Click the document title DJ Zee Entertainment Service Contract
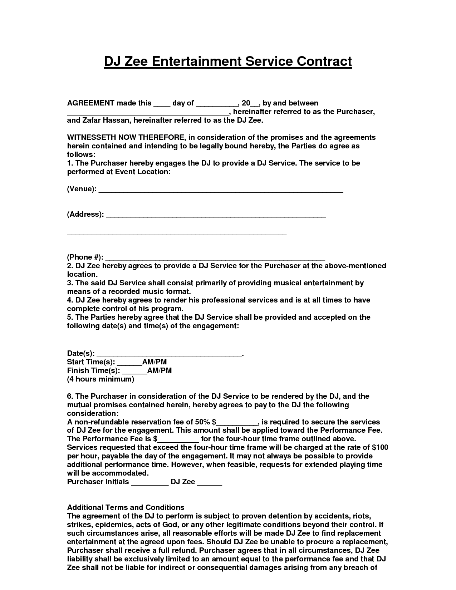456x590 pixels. point(228,62)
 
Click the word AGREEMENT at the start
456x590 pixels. point(90,103)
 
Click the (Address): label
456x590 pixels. point(85,215)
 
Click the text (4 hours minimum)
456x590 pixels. point(100,379)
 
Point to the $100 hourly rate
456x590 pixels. point(380,448)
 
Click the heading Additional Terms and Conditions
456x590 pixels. point(126,507)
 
